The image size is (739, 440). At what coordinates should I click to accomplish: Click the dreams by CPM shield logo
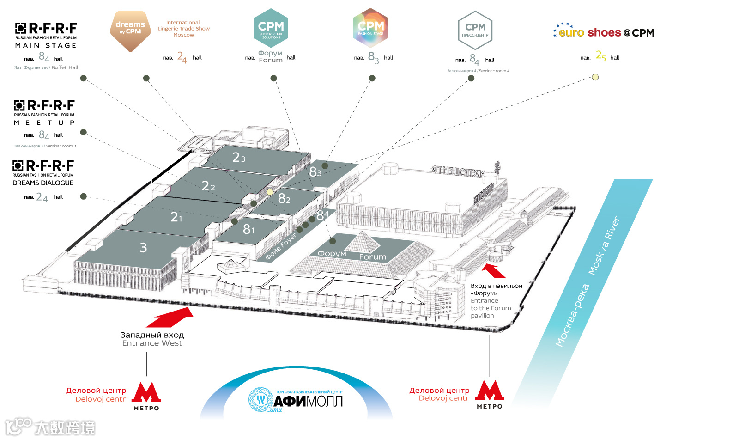pyautogui.click(x=130, y=31)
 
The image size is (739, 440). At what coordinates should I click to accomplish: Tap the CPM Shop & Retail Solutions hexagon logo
pyautogui.click(x=271, y=28)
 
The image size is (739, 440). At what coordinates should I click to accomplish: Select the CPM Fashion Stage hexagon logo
pyautogui.click(x=370, y=28)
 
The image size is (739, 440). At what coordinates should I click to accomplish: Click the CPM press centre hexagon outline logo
pyautogui.click(x=475, y=30)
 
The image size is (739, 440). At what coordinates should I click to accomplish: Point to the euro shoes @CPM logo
pyautogui.click(x=604, y=32)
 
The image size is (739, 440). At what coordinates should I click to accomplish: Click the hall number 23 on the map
pyautogui.click(x=239, y=158)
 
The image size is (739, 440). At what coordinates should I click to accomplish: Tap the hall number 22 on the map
pyautogui.click(x=208, y=186)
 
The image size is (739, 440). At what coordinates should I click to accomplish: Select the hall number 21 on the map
pyautogui.click(x=176, y=217)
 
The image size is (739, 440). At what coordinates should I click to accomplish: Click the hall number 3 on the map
pyautogui.click(x=143, y=248)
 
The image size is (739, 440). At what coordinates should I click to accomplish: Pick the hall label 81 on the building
pyautogui.click(x=248, y=229)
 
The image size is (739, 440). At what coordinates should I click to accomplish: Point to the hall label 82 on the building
pyautogui.click(x=284, y=199)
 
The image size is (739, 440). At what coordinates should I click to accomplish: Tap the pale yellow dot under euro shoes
pyautogui.click(x=595, y=77)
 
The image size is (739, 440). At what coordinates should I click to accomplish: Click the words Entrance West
pyautogui.click(x=152, y=343)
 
